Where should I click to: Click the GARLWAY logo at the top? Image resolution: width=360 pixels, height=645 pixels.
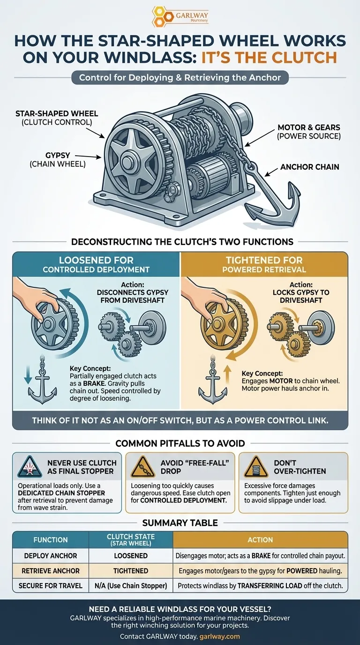pos(180,17)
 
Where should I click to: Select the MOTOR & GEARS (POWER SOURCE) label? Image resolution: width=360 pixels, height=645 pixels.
pos(308,131)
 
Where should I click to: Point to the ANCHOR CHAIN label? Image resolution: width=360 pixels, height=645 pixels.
pos(310,166)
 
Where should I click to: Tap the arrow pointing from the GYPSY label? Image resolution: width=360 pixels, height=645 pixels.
pos(87,156)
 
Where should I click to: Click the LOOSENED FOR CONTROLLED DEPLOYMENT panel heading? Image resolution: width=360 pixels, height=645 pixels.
pos(96,264)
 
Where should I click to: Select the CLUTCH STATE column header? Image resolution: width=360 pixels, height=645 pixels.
pos(131,540)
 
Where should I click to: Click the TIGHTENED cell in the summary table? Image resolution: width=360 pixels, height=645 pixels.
pos(131,571)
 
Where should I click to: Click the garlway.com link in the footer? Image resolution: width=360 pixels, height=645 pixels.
pos(219,637)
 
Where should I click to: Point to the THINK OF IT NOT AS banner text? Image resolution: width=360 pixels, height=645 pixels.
pos(180,420)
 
